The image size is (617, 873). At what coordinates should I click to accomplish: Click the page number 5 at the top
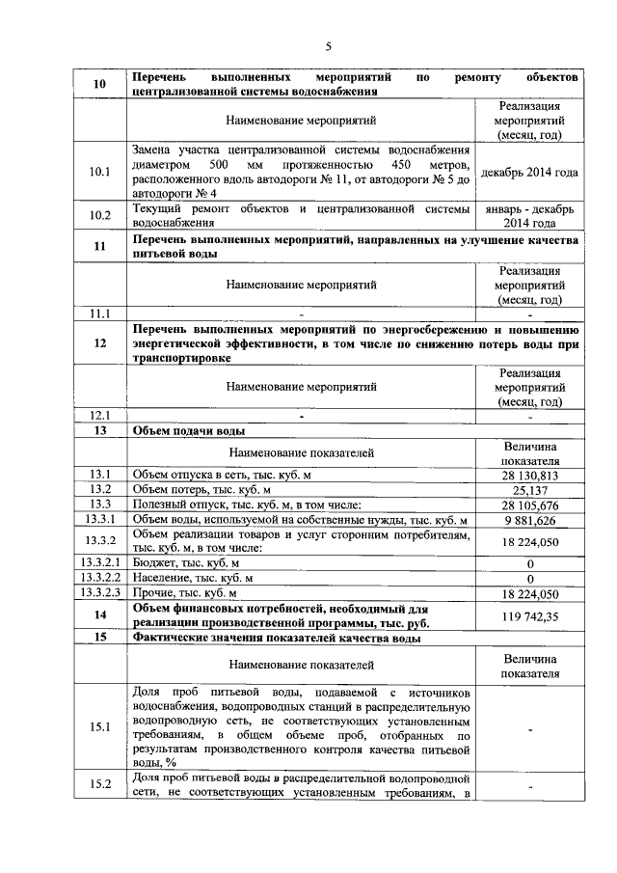click(x=328, y=46)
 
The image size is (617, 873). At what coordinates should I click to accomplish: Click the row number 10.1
click(x=99, y=173)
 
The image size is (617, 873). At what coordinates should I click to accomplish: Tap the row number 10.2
click(x=99, y=215)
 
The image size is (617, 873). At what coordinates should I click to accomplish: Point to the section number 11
click(x=99, y=246)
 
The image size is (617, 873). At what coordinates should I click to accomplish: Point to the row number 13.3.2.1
click(x=99, y=562)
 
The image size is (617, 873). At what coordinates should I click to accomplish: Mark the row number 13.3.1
click(x=99, y=520)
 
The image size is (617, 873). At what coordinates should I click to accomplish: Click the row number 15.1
click(x=99, y=728)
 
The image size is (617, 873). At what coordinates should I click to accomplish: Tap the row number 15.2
click(x=99, y=785)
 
